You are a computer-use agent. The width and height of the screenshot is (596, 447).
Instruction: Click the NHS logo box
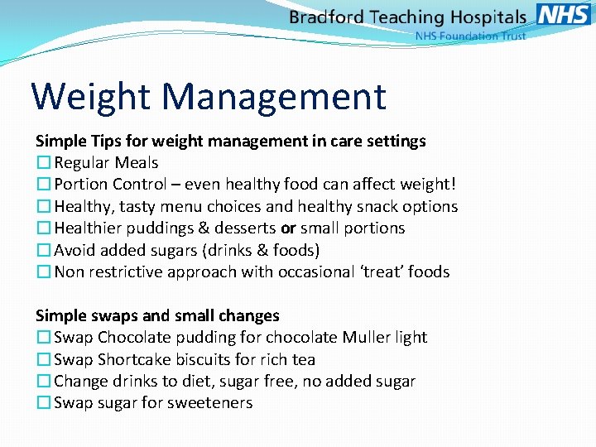(x=564, y=14)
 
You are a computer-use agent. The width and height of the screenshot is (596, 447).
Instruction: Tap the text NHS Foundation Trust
(x=470, y=36)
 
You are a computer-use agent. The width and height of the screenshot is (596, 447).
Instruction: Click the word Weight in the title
(x=91, y=97)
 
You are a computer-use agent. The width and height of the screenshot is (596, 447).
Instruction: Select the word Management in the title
(x=274, y=97)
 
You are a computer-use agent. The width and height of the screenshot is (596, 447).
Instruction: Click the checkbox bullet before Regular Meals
(x=43, y=163)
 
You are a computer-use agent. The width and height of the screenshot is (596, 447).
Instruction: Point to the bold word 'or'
(x=289, y=228)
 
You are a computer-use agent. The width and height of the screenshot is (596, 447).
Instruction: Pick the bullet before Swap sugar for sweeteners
(x=43, y=403)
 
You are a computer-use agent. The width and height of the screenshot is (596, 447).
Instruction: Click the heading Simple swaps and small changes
(x=157, y=315)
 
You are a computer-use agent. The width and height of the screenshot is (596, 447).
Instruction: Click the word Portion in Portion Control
(x=81, y=185)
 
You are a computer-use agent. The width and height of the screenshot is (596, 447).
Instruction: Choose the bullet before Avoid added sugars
(x=43, y=250)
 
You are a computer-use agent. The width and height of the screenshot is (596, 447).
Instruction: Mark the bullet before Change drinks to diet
(x=43, y=382)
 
